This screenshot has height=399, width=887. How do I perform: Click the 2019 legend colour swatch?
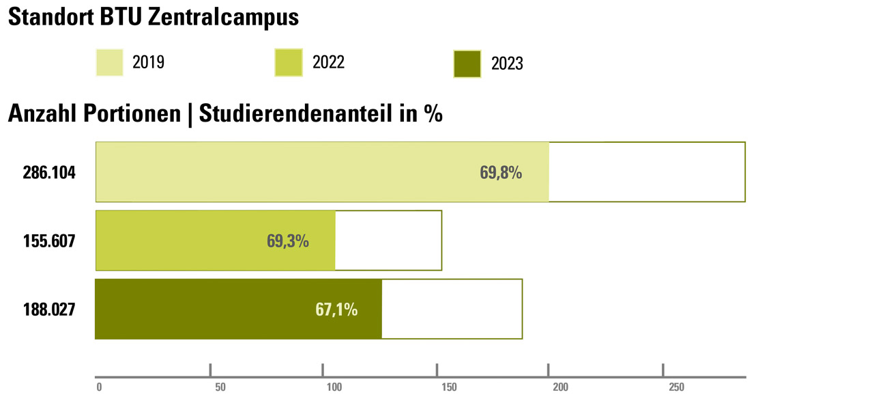click(x=109, y=63)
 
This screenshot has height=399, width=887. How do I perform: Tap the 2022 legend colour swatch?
click(x=288, y=63)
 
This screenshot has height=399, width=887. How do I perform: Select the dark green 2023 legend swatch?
click(x=467, y=64)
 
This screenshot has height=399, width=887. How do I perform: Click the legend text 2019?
click(x=148, y=63)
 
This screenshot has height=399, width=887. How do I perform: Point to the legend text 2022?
click(x=328, y=63)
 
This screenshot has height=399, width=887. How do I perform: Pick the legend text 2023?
click(x=507, y=64)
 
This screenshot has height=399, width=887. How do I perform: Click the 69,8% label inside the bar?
click(x=501, y=173)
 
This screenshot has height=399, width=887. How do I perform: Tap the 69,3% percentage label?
click(x=288, y=241)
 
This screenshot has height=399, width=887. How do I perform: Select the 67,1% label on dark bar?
click(x=336, y=309)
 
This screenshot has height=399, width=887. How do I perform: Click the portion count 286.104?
click(x=49, y=173)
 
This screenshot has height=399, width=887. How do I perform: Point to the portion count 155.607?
click(x=49, y=241)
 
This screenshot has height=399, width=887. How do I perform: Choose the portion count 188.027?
click(x=49, y=309)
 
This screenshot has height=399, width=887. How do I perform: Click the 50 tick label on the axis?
click(x=220, y=387)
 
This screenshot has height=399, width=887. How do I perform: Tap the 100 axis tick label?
click(x=334, y=387)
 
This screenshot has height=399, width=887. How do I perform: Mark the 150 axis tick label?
click(x=449, y=387)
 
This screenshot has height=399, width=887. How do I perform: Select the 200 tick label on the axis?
click(x=560, y=387)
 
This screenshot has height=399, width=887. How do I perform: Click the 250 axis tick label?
click(x=675, y=387)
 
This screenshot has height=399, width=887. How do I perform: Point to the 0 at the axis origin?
click(x=99, y=387)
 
